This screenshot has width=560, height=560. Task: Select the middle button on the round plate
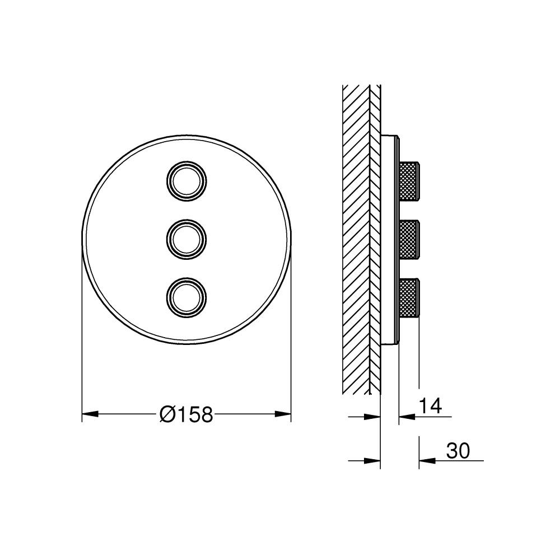(186, 239)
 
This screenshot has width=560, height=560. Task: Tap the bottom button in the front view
(186, 297)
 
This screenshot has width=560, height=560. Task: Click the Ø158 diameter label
(186, 414)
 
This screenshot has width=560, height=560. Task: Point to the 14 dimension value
(430, 406)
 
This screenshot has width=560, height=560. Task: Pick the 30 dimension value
(458, 451)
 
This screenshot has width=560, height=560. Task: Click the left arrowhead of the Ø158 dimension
(90, 414)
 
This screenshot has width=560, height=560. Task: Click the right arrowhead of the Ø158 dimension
(283, 414)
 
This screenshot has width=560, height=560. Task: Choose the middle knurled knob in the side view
(409, 239)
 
